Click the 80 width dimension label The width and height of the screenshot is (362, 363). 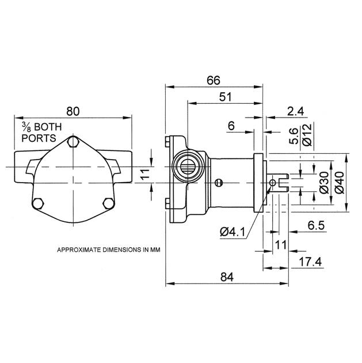72,109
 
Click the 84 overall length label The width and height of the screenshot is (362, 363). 227,277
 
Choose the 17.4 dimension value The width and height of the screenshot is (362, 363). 310,262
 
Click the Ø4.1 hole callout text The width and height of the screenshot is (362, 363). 233,232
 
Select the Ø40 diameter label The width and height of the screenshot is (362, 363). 339,182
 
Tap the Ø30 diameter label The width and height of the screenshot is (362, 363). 323,182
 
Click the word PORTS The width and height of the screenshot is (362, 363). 37,138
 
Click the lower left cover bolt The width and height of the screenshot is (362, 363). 39,203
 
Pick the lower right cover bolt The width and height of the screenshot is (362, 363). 107,203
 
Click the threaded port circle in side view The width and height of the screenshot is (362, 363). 188,167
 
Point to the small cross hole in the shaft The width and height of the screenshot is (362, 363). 273,183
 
